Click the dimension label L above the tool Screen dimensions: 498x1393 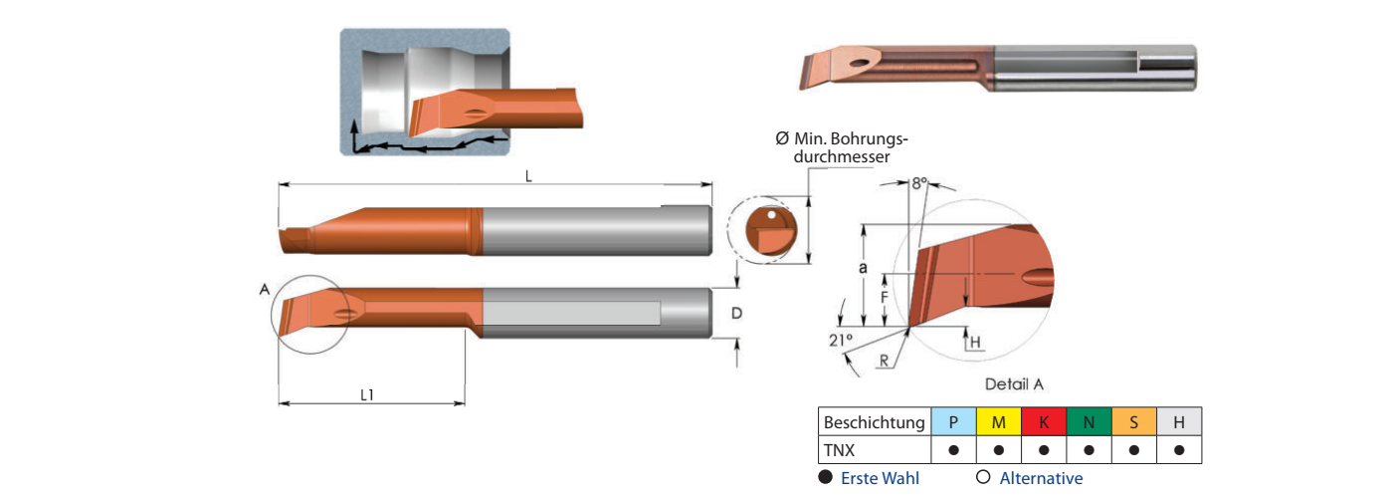[528, 176]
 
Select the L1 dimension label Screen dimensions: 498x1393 [367, 394]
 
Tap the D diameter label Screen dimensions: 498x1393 [736, 314]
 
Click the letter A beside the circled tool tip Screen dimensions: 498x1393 [265, 289]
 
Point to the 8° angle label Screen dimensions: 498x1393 [918, 183]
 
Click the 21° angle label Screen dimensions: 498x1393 [840, 339]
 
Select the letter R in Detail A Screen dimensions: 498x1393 [884, 362]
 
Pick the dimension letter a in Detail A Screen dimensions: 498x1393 [863, 268]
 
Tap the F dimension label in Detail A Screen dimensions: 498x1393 [885, 297]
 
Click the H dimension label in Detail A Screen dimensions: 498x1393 [975, 342]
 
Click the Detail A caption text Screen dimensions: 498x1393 [1015, 383]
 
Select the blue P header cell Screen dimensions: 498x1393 [953, 421]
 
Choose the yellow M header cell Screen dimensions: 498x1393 [999, 421]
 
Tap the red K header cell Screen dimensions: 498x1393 [1044, 421]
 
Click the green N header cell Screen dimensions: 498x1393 [1089, 421]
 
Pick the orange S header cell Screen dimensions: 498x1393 [1133, 421]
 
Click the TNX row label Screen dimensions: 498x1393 [839, 450]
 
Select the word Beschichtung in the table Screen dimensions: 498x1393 [875, 422]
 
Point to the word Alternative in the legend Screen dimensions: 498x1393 [1041, 478]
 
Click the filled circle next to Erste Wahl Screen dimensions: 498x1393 [825, 478]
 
